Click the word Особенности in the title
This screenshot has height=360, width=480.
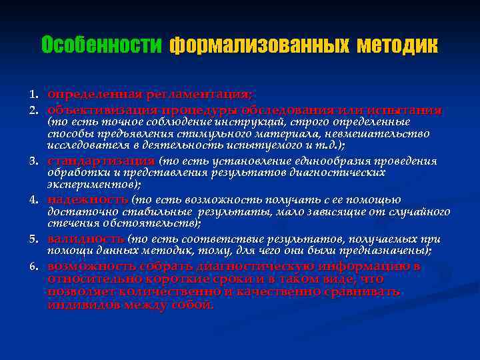101,45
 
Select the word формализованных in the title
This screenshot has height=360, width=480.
259,45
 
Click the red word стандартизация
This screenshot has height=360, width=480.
101,161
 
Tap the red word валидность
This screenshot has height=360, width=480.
85,239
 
